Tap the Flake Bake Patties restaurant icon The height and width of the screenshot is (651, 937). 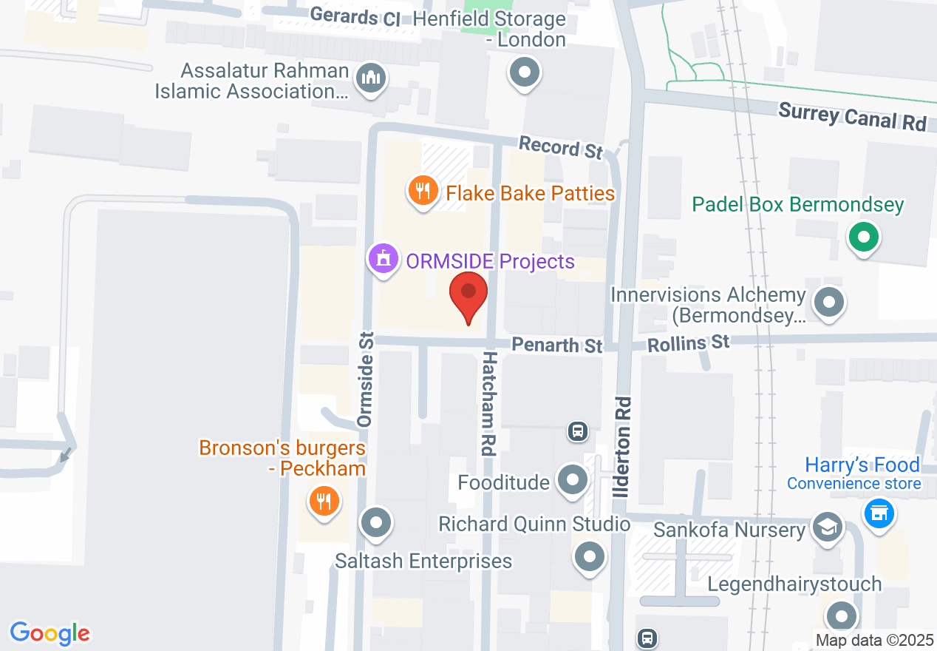tap(422, 192)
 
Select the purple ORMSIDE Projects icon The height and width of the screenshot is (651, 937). tap(383, 260)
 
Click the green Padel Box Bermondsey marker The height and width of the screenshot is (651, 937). tap(862, 237)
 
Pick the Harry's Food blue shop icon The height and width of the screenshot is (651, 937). tap(879, 512)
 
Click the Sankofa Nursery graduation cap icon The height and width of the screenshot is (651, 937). tap(828, 527)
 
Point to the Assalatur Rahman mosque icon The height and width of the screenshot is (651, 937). tap(370, 78)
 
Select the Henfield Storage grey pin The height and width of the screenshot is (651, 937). tap(525, 72)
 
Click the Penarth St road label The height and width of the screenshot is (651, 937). tap(557, 345)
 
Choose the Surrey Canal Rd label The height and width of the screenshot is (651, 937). tap(852, 117)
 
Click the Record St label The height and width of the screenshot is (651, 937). tap(560, 147)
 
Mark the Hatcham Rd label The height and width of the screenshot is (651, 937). tap(488, 402)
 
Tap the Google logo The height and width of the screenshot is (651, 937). tap(50, 633)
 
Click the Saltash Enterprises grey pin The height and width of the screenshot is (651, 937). tap(376, 523)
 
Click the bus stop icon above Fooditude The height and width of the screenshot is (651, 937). tap(578, 430)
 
